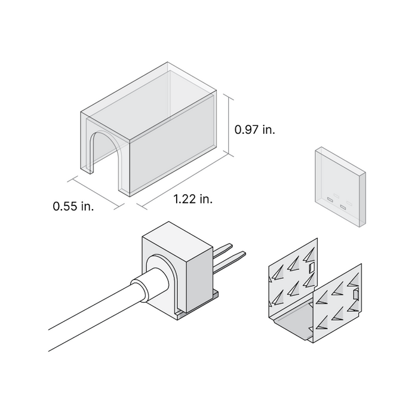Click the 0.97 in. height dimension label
[254, 129]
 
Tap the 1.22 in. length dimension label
[193, 199]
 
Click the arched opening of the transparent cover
[106, 156]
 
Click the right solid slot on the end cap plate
[343, 207]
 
